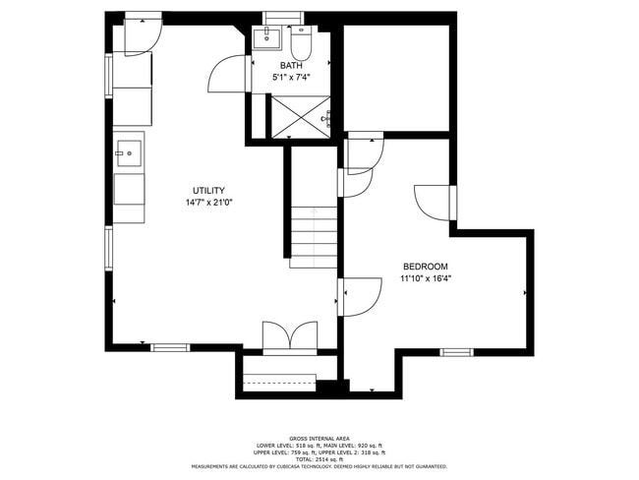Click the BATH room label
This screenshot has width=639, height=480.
(291, 66)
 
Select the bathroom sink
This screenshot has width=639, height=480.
(265, 39)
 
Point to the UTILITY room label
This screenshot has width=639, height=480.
(208, 191)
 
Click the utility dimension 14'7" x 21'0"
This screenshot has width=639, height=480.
(208, 204)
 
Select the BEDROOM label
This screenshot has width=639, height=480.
(426, 267)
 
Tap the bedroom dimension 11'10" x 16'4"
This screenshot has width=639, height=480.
(426, 279)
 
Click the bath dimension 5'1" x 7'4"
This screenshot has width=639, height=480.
(291, 78)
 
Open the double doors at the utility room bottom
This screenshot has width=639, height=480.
(289, 336)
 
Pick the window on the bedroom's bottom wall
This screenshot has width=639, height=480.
(456, 352)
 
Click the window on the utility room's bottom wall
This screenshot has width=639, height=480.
(170, 347)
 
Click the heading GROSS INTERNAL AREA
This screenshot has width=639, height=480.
(319, 438)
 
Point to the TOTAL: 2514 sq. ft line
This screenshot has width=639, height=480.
(319, 459)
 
